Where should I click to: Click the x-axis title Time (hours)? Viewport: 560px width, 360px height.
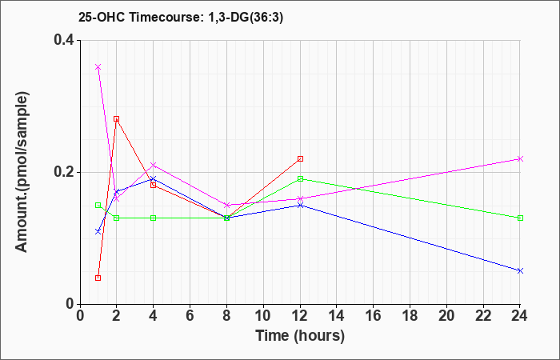click(x=300, y=335)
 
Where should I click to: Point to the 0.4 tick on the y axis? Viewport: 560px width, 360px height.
click(x=63, y=40)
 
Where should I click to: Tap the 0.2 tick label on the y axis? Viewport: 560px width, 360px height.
click(x=63, y=172)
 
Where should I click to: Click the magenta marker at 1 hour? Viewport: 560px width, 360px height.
click(x=98, y=67)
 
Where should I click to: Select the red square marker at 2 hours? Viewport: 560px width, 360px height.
click(x=116, y=119)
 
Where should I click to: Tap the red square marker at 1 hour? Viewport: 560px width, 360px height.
click(x=98, y=278)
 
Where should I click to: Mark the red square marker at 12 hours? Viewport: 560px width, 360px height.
click(x=300, y=158)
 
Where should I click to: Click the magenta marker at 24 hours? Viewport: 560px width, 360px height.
click(x=520, y=158)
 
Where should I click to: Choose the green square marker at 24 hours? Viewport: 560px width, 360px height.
click(x=520, y=218)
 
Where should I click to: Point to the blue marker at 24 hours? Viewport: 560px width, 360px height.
click(x=520, y=270)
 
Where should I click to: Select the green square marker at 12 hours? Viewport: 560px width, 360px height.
click(x=300, y=178)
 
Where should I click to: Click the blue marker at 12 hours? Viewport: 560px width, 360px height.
click(x=300, y=205)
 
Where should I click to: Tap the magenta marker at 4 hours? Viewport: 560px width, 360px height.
click(x=153, y=166)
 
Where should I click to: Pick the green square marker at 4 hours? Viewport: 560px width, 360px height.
click(x=153, y=218)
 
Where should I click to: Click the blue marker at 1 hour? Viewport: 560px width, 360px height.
click(x=98, y=231)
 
